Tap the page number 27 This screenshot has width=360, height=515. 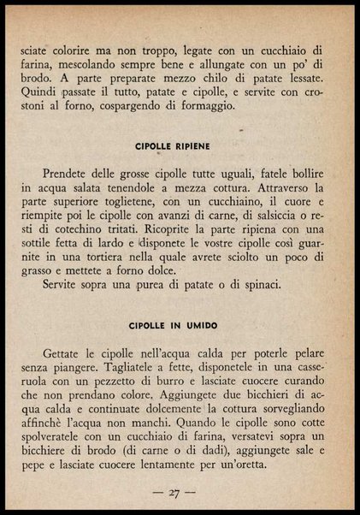click(179, 492)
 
